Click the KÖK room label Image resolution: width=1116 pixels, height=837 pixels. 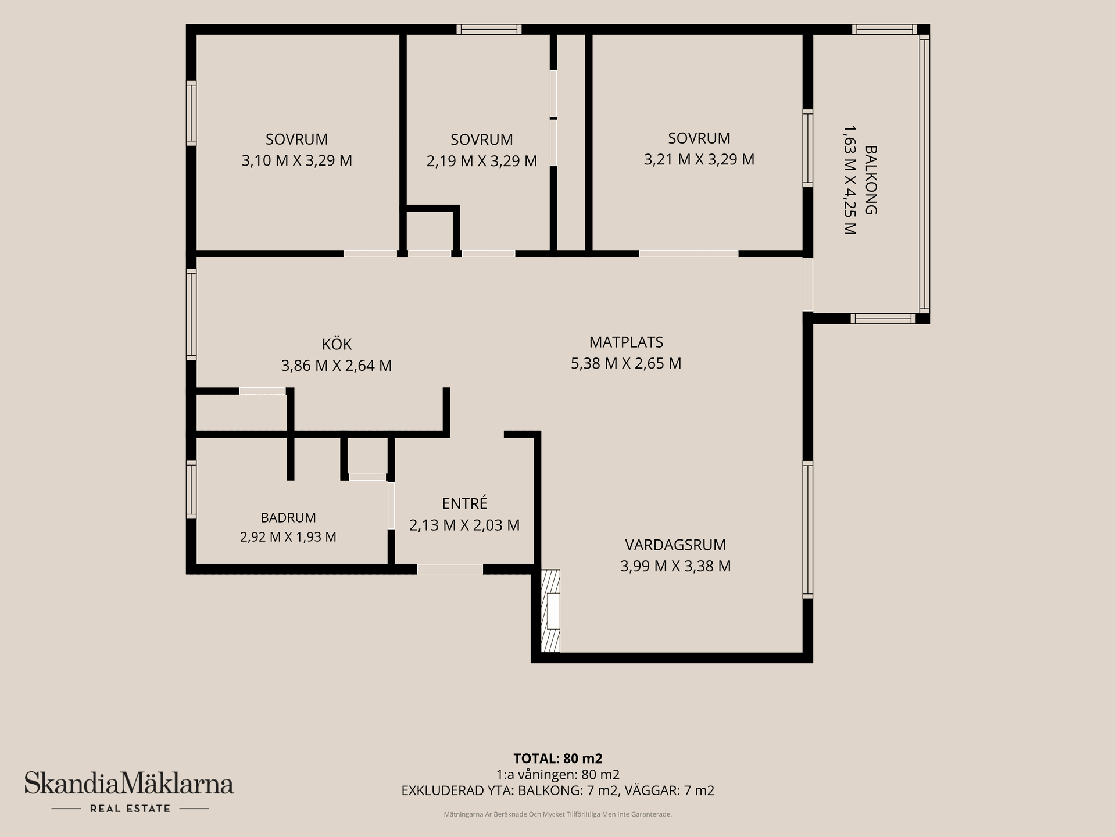(x=337, y=344)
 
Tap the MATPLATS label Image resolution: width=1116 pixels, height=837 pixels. (x=626, y=342)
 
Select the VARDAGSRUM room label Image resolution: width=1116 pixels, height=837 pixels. (x=675, y=545)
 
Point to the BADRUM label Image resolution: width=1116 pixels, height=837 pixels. (x=288, y=517)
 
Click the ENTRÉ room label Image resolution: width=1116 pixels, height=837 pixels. (x=464, y=503)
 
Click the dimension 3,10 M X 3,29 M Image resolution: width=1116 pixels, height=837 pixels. (x=297, y=160)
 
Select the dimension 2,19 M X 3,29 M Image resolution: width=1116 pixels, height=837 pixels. (x=482, y=161)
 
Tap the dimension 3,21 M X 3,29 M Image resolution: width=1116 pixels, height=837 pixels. (x=699, y=159)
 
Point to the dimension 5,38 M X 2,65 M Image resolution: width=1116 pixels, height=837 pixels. (x=626, y=363)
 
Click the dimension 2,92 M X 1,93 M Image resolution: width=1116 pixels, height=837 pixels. (x=288, y=537)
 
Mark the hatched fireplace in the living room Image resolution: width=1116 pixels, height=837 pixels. (x=550, y=611)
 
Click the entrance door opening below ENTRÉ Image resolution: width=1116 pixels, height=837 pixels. (x=450, y=570)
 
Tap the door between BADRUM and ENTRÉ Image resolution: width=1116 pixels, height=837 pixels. (x=391, y=506)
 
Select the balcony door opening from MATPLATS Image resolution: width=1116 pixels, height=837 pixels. (x=808, y=285)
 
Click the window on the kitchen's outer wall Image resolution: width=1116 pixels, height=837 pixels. (x=191, y=314)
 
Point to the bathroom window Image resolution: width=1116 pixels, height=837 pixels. (x=191, y=489)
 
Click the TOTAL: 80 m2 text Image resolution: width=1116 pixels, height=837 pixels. (x=558, y=759)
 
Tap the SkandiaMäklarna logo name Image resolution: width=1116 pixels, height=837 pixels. (x=129, y=784)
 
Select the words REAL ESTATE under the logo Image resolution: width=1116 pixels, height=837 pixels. (x=130, y=809)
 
